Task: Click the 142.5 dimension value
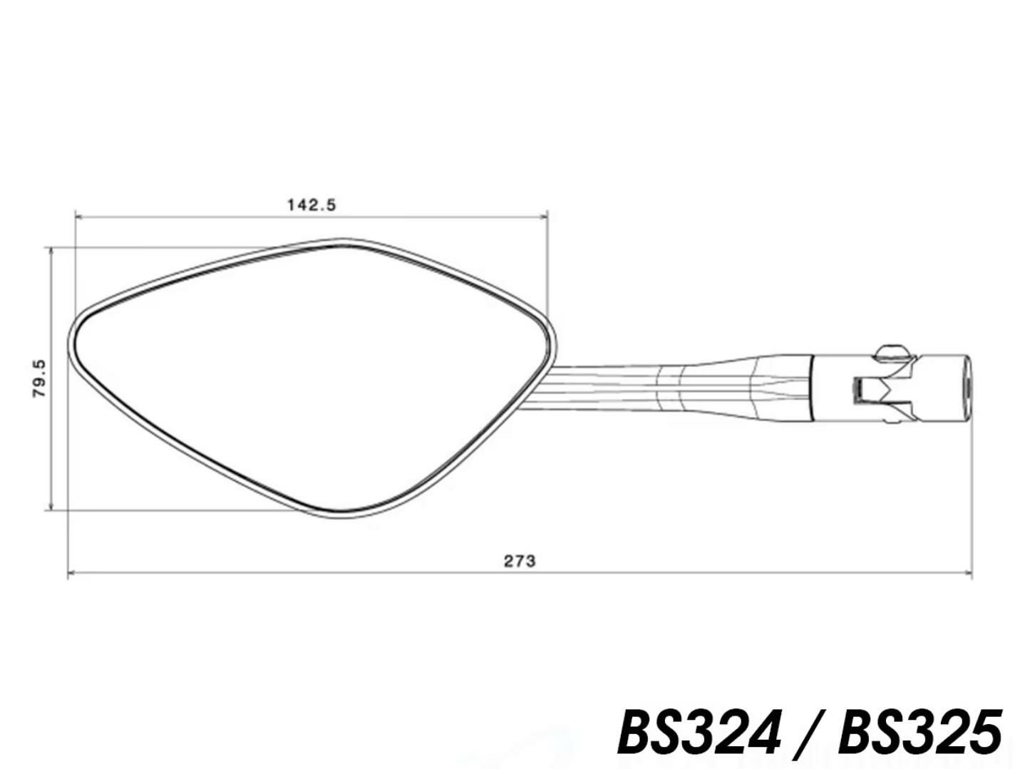point(311,205)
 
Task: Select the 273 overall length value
point(520,562)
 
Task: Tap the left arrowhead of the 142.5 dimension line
point(79,217)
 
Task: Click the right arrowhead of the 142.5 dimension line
point(542,217)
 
